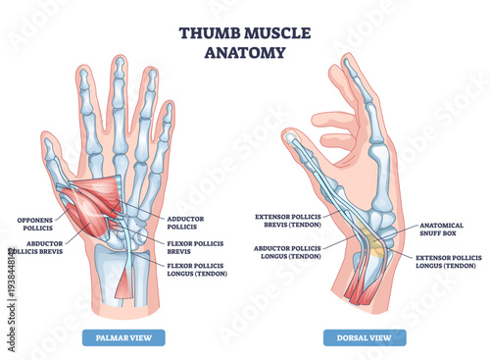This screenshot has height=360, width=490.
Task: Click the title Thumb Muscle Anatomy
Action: [245, 40]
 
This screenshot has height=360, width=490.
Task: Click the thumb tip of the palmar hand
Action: [46, 145]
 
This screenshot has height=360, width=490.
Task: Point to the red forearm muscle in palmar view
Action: [124, 284]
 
